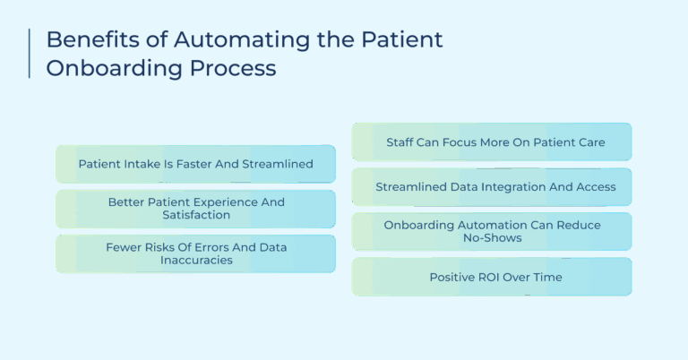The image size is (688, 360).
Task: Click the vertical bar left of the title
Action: [x=30, y=54]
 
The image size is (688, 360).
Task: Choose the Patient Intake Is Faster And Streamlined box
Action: [x=195, y=164]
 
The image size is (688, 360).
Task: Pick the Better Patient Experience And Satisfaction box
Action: [x=195, y=209]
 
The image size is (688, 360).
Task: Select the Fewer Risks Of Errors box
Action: [x=195, y=253]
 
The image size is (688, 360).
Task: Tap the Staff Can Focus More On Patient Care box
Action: [x=492, y=141]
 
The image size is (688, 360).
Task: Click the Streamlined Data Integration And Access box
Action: [x=492, y=186]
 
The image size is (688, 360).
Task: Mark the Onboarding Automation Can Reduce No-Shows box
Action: [x=492, y=231]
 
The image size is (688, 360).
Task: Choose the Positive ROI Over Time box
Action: [x=492, y=277]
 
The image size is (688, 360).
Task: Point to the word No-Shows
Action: [x=492, y=238]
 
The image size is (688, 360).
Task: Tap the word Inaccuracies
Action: [x=195, y=261]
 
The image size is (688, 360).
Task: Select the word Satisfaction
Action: [x=195, y=216]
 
